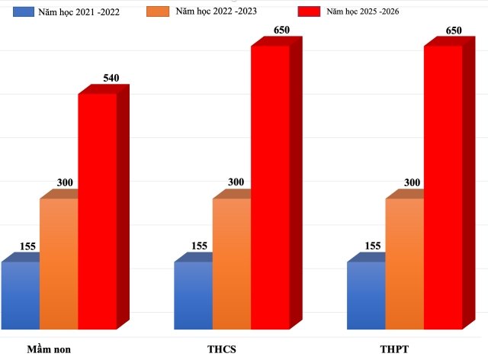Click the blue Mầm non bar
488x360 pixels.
21,296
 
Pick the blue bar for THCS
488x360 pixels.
194,296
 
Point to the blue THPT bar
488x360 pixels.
366,296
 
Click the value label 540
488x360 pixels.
111,78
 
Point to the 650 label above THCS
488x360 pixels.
282,31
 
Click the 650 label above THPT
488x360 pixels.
455,31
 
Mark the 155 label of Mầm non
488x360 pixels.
27,246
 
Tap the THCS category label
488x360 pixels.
222,349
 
